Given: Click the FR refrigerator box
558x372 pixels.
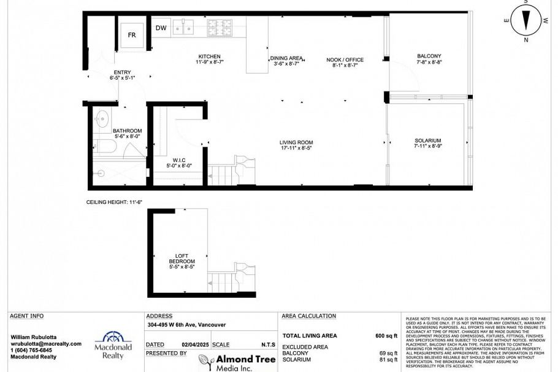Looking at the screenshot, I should (132, 34).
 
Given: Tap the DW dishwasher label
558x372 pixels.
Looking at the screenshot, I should (161, 28).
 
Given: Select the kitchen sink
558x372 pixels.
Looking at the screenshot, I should (183, 27).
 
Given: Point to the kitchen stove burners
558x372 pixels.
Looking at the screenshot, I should (219, 27).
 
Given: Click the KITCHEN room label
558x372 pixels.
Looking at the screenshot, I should (210, 56).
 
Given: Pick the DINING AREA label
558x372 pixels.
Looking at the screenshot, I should (285, 59).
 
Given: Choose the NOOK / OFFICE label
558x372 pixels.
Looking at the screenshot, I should (348, 60).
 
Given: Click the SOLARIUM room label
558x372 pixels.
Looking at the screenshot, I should (427, 141).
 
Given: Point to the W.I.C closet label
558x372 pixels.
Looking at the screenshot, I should (179, 160).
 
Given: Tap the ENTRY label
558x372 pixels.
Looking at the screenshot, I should (122, 72).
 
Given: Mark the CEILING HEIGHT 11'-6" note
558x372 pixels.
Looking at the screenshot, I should (114, 202).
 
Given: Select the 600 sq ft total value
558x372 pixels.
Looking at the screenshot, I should (386, 336).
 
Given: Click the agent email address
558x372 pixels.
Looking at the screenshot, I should (46, 344).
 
